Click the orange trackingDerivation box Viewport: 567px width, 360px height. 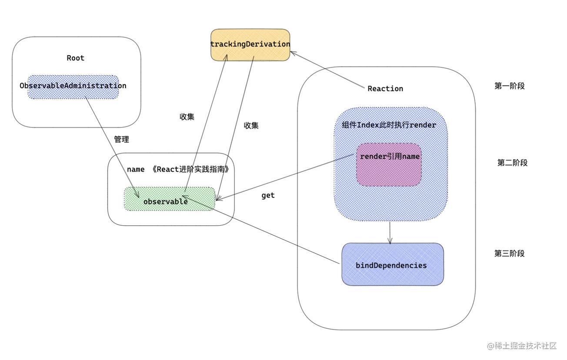(250, 45)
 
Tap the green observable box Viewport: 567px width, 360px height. (170, 199)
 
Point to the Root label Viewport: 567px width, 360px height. (75, 58)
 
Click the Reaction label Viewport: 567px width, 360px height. (385, 89)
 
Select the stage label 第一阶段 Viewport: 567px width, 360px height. (509, 86)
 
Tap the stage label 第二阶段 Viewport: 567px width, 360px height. (512, 163)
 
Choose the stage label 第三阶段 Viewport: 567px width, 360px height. (509, 253)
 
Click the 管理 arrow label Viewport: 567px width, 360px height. (121, 140)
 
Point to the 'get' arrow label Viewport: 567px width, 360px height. (268, 196)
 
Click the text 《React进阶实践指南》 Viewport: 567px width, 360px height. (190, 170)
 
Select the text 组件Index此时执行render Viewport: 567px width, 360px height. (390, 125)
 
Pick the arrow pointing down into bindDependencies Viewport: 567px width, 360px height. (390, 232)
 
